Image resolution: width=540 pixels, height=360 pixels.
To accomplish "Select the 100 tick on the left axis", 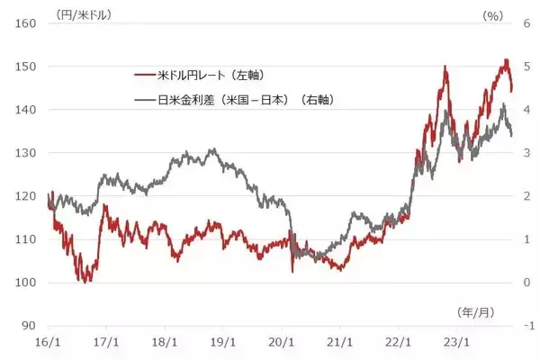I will pos(21,283).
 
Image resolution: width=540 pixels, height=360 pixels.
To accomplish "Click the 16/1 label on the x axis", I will pos(48,343).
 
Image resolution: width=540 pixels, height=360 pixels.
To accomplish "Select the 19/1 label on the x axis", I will pos(223,343).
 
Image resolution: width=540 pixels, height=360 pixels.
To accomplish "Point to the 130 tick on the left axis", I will pos(21,153).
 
